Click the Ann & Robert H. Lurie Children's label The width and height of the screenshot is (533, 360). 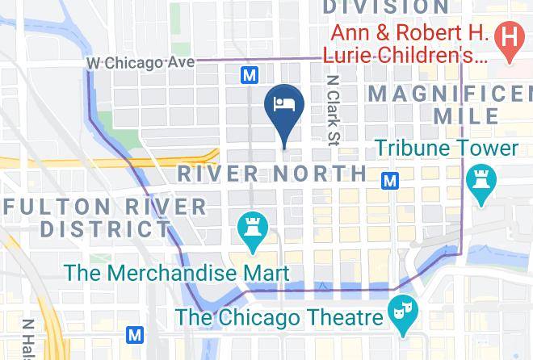[x=404, y=46]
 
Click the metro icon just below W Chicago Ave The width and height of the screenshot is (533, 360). [x=250, y=75]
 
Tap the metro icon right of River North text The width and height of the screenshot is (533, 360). [x=390, y=180]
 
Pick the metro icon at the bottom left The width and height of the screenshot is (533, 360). [x=136, y=333]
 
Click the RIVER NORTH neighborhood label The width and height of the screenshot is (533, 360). [x=271, y=173]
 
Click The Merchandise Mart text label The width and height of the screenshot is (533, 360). [x=176, y=272]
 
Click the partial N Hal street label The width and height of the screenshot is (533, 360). [x=28, y=339]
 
